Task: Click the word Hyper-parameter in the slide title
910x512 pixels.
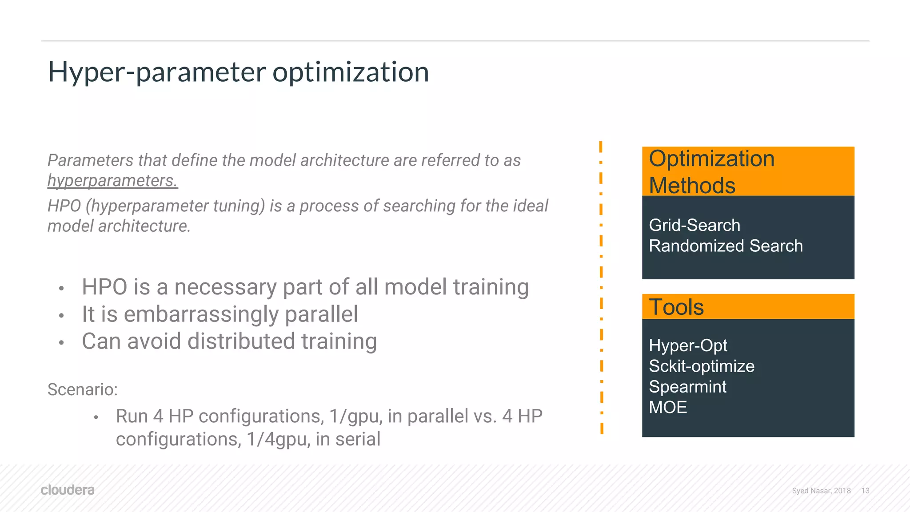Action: pyautogui.click(x=156, y=72)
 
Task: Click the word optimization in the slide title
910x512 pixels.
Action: pyautogui.click(x=351, y=72)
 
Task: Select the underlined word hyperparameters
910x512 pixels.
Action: pyautogui.click(x=112, y=181)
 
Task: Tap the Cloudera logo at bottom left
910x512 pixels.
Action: pyautogui.click(x=68, y=490)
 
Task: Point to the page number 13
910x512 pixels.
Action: pyautogui.click(x=865, y=491)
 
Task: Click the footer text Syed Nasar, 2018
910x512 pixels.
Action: pyautogui.click(x=821, y=491)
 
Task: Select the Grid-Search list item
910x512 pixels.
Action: pyautogui.click(x=694, y=225)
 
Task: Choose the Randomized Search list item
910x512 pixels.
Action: pyautogui.click(x=726, y=246)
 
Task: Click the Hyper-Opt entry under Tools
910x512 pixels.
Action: pyautogui.click(x=688, y=345)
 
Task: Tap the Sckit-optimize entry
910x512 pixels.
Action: pyautogui.click(x=701, y=366)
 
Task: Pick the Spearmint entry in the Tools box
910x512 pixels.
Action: pyautogui.click(x=687, y=387)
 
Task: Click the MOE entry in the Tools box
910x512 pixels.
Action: pyautogui.click(x=668, y=407)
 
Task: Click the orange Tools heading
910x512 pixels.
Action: pyautogui.click(x=676, y=307)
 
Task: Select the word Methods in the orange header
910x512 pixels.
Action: pyautogui.click(x=692, y=185)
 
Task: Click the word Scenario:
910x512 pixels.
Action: pyautogui.click(x=83, y=389)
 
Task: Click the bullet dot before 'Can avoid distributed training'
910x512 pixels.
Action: pyautogui.click(x=62, y=343)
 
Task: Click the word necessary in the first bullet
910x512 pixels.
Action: pyautogui.click(x=225, y=287)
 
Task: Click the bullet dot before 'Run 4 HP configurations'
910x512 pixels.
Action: pyautogui.click(x=96, y=417)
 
